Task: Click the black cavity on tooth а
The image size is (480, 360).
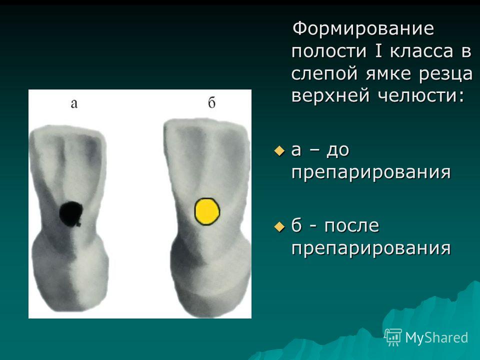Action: coord(71,213)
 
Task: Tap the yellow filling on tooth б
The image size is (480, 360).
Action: coord(207,211)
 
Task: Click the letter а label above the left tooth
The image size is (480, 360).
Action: coord(74,103)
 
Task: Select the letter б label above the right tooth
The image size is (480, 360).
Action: coord(212,102)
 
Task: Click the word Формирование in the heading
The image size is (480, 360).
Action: coord(363,28)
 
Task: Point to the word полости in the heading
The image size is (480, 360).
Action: coord(329,51)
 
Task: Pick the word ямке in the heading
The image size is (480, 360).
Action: coord(388,73)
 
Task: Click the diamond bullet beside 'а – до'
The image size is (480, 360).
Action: coord(279,151)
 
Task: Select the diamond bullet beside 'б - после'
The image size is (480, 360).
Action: coord(279,227)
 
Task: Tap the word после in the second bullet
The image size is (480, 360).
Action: coord(351,226)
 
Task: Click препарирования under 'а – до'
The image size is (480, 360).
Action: coord(371,173)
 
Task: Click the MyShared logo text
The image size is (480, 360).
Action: coord(436,337)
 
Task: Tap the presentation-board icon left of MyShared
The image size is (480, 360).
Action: coord(393,337)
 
